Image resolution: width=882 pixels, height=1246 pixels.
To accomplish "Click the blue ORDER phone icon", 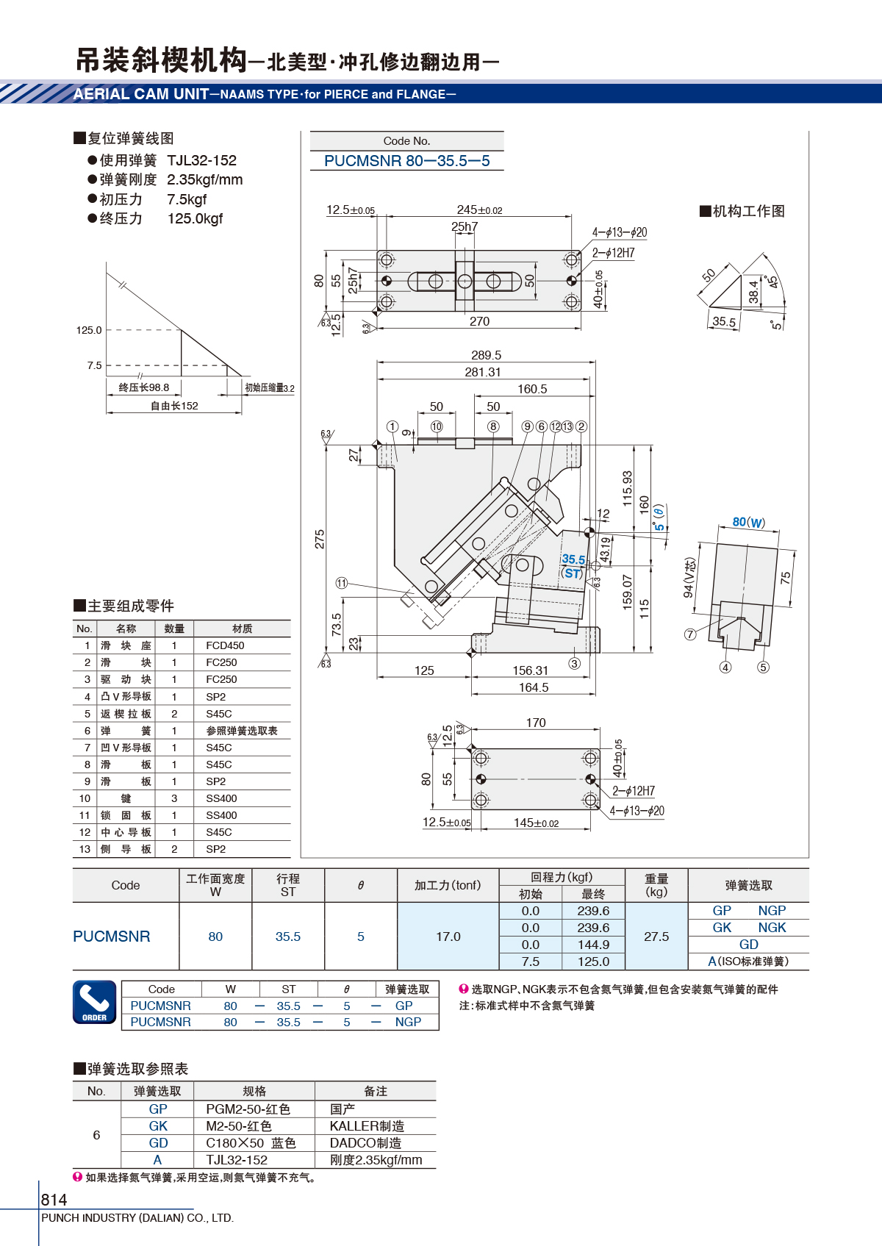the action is click(95, 1002).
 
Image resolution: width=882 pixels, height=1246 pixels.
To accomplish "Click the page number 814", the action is click(54, 1199).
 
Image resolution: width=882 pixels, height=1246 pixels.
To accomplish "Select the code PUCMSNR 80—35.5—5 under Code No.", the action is click(407, 161).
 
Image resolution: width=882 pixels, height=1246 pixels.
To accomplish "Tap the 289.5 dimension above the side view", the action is click(486, 355).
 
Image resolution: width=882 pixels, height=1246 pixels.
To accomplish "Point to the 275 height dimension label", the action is click(319, 539).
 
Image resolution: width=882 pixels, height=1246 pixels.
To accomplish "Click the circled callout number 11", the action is click(342, 583).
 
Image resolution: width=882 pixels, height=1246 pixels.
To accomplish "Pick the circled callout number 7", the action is click(690, 634).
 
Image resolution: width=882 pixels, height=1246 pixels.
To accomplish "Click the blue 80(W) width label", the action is click(748, 522).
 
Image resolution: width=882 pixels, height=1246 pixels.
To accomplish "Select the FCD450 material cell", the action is click(225, 645).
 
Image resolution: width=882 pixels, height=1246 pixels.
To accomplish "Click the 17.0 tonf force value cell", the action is click(448, 937).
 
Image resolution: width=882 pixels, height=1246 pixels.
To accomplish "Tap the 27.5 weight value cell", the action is click(656, 937).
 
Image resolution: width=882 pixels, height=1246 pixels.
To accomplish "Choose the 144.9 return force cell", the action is click(593, 945).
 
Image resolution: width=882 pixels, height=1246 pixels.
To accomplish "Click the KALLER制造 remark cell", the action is click(367, 1126).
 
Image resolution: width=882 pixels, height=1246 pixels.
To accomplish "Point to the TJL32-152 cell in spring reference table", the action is click(237, 1160).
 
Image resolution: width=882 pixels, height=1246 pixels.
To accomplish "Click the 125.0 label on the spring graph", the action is click(89, 330).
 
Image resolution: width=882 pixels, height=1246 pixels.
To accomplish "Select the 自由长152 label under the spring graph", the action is click(174, 406).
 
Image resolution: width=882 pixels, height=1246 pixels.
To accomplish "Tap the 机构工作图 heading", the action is click(742, 211).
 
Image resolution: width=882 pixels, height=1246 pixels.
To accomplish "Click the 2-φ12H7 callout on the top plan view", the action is click(614, 253).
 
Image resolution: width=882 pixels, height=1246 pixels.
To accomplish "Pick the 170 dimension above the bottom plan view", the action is click(536, 723).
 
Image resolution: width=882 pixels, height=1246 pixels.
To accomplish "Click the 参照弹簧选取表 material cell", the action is click(242, 731).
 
